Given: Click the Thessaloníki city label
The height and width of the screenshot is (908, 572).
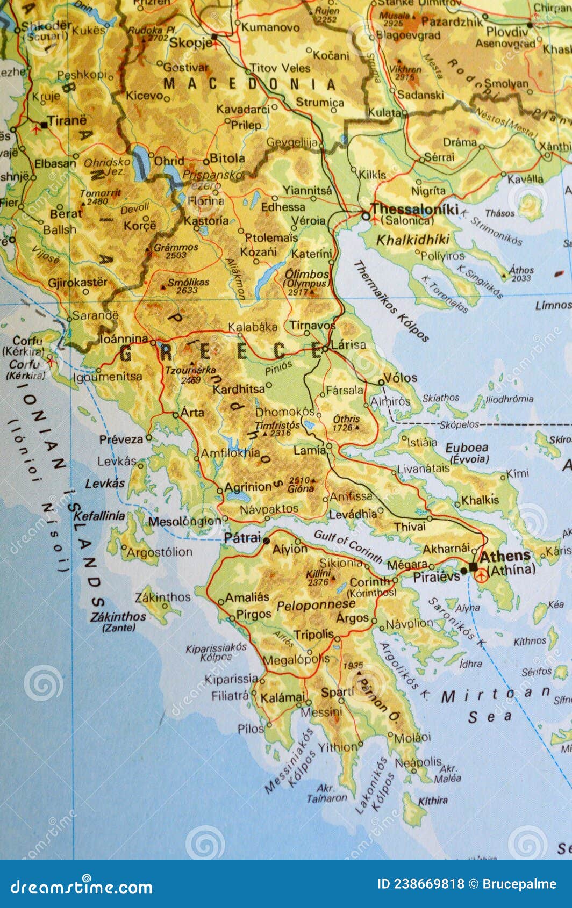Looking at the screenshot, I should [x=414, y=209].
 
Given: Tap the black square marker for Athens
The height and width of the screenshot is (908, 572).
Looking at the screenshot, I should [x=473, y=567].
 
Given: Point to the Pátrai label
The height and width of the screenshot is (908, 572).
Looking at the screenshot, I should [x=242, y=538].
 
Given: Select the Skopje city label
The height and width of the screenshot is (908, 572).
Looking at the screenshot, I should [x=191, y=42].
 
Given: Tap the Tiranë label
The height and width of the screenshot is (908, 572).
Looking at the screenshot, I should [x=67, y=121].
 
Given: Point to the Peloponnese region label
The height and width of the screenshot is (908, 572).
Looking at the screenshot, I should [x=316, y=606].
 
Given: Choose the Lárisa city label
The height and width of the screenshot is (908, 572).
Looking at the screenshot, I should [x=348, y=344].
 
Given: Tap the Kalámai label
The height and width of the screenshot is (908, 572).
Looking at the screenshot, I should [x=282, y=698].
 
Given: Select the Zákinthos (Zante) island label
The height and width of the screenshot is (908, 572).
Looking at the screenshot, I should [x=118, y=621].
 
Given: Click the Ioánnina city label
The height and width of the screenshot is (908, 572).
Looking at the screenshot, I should [x=124, y=339].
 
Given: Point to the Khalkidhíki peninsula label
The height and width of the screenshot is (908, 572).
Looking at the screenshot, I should [x=412, y=240].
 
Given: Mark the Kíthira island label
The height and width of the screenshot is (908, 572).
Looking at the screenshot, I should [x=433, y=801].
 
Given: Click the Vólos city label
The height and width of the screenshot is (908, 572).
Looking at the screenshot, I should [x=401, y=378].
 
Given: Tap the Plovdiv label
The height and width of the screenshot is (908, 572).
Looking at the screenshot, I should [x=507, y=32].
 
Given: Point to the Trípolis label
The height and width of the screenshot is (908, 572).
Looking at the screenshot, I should [x=314, y=635].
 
